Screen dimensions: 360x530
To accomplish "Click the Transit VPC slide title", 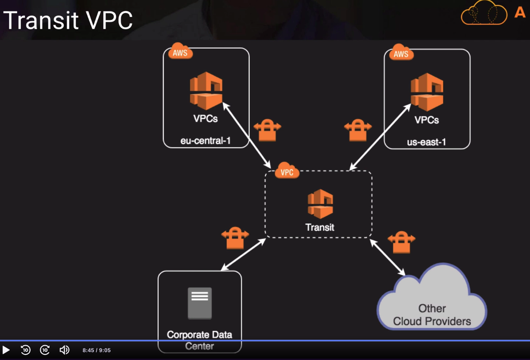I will tap(68, 20).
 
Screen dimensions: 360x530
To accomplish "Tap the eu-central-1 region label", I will tap(205, 140).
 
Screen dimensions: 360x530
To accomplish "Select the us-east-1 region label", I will tap(426, 142).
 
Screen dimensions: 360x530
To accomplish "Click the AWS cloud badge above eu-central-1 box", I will tap(180, 52).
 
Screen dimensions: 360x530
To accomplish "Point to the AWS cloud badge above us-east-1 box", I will tap(401, 53).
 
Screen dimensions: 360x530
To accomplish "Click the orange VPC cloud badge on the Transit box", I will tap(287, 171).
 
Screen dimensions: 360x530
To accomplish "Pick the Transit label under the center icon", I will tap(320, 227).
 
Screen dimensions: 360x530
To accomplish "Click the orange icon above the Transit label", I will tap(320, 204).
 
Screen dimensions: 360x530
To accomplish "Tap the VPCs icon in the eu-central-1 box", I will tap(206, 90).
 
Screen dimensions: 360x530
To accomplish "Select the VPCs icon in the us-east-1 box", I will tap(427, 92).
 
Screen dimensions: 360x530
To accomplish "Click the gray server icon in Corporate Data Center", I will tap(200, 303).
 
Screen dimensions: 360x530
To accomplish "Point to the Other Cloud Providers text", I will tap(432, 315).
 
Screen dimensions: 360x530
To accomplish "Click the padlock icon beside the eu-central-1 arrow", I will tap(267, 130).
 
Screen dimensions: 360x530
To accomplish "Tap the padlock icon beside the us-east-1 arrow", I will tap(358, 130).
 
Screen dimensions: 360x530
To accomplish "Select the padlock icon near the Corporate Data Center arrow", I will tap(235, 238).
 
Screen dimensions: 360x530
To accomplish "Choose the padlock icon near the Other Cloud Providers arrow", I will tap(401, 242).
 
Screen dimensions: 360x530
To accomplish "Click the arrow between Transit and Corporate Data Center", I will tap(243, 254).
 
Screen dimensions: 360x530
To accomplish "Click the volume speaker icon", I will tap(64, 350).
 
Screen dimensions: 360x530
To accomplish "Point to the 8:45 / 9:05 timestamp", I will tap(97, 350).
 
